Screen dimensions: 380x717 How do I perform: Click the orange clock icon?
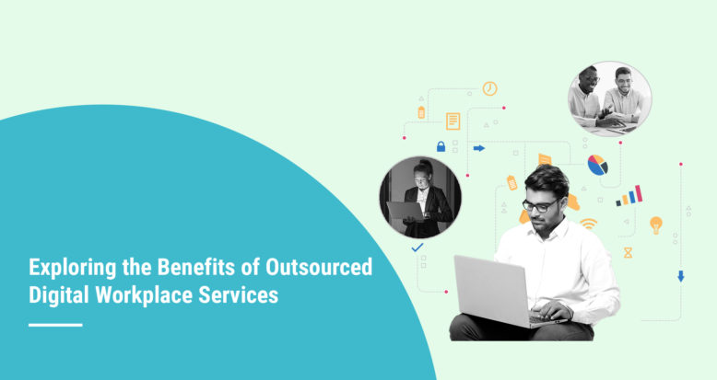[x=489, y=88]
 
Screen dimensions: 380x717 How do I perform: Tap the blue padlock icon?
[x=441, y=146]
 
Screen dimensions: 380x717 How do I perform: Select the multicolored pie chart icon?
[x=597, y=165]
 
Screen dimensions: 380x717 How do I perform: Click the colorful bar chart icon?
[x=629, y=195]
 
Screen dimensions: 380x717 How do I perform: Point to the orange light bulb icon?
[x=656, y=224]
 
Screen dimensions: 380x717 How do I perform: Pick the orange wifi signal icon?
[x=587, y=224]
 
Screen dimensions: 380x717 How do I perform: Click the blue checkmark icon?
[x=417, y=248]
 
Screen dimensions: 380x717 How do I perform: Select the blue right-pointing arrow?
[x=478, y=147]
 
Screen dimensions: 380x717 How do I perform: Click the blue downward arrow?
[x=680, y=275]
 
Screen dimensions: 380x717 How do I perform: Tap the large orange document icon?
[x=453, y=121]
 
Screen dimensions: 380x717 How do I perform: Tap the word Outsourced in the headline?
[x=318, y=269]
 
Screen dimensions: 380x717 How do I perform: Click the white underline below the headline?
[x=55, y=325]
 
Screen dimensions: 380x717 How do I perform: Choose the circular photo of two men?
[x=609, y=98]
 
